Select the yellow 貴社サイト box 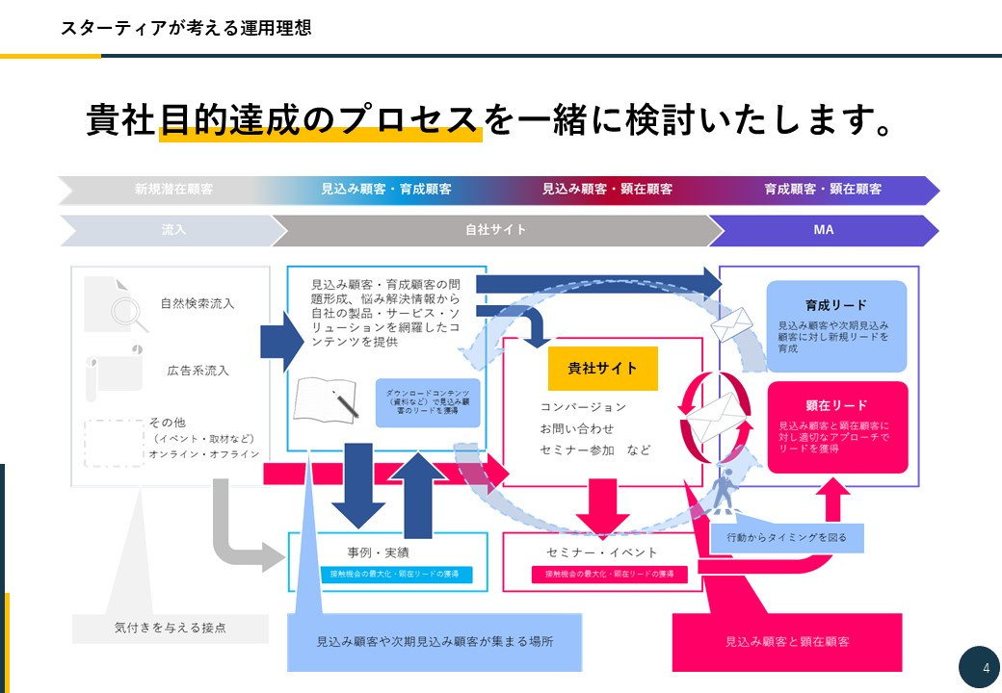(x=602, y=369)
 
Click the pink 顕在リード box (x=836, y=426)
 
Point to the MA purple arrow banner (x=823, y=231)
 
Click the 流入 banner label (x=173, y=231)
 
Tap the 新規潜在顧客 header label (x=173, y=190)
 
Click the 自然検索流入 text (x=197, y=304)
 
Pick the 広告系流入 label (x=197, y=370)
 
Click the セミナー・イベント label (x=602, y=552)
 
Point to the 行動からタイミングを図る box (x=786, y=537)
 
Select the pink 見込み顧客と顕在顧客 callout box (x=786, y=641)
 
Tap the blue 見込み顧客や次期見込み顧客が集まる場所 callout (x=435, y=641)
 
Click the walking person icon (x=725, y=491)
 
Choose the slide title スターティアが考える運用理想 (x=185, y=28)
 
